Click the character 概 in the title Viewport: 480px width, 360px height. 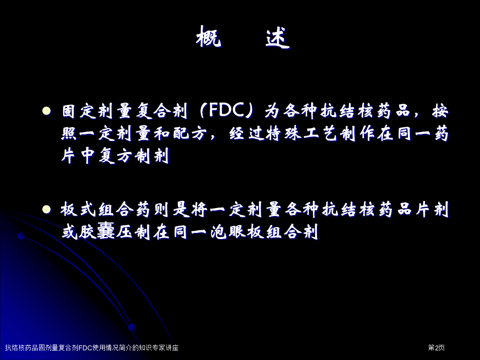click(x=208, y=37)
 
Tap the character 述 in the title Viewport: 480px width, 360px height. click(x=277, y=37)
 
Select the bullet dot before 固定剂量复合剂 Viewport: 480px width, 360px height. click(x=47, y=111)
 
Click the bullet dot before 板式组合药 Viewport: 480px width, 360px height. click(x=47, y=209)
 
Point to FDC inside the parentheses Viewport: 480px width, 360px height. click(x=226, y=110)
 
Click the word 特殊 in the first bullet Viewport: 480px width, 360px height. click(x=284, y=134)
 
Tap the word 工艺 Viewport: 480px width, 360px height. click(x=321, y=134)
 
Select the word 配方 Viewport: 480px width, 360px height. click(x=190, y=134)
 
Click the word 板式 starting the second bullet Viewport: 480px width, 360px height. click(x=78, y=209)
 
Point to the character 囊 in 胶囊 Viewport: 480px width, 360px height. click(x=106, y=232)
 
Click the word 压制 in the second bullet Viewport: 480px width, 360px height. click(x=133, y=232)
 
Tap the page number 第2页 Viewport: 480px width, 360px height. click(x=436, y=348)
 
